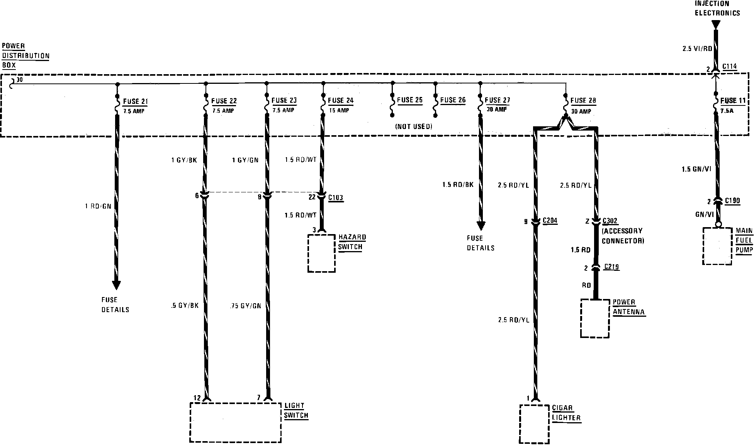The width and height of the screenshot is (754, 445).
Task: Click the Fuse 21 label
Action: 135,102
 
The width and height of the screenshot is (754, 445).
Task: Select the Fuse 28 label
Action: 583,101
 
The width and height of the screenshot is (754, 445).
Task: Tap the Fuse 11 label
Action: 733,101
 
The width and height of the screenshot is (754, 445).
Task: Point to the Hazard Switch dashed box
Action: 321,253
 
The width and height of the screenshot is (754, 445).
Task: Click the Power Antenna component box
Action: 595,318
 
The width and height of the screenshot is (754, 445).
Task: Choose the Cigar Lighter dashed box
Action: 535,424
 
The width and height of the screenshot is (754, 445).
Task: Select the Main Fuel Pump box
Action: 717,246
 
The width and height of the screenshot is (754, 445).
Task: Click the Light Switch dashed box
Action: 235,422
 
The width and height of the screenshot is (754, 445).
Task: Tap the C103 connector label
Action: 335,198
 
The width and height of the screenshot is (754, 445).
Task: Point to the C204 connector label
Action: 550,221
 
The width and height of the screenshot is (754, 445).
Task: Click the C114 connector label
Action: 729,66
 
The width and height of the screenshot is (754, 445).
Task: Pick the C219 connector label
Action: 611,267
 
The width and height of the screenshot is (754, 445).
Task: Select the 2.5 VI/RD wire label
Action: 697,49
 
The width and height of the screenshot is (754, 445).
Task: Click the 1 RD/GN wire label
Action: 98,206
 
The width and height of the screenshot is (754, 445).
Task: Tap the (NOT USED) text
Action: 413,126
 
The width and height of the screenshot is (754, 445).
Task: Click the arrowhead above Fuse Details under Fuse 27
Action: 481,226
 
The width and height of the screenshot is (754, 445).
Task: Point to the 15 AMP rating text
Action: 338,110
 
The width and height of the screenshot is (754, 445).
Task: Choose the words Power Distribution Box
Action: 25,56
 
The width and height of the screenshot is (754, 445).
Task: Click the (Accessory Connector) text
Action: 623,236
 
